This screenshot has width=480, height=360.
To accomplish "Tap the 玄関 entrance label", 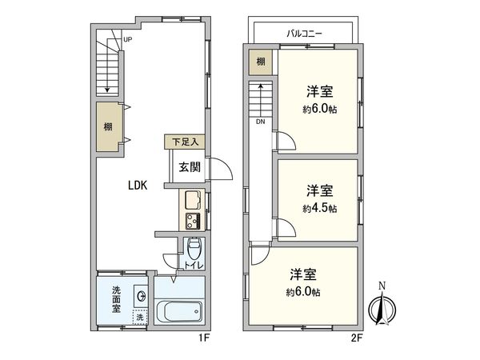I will [189, 166].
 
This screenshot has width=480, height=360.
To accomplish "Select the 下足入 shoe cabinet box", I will [185, 142].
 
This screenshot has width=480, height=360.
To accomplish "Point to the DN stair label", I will [261, 122].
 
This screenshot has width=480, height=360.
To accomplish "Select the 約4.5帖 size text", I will [319, 208].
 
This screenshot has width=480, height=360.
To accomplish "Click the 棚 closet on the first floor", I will [107, 126].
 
